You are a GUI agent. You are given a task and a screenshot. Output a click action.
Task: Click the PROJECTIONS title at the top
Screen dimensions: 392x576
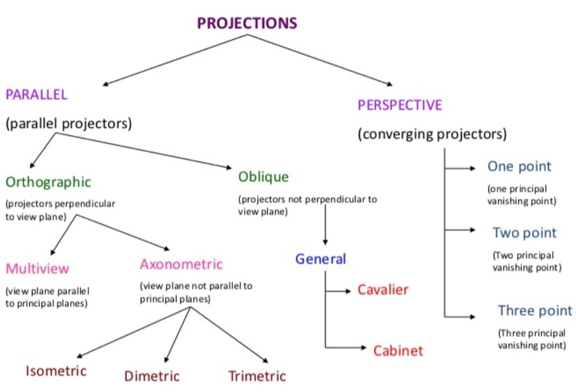tap(247, 23)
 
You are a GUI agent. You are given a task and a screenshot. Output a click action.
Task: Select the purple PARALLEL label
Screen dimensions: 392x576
tap(36, 95)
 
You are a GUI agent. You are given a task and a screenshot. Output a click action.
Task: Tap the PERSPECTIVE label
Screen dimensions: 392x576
tap(400, 105)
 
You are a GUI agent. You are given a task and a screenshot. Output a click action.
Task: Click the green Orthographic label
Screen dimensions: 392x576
tap(49, 182)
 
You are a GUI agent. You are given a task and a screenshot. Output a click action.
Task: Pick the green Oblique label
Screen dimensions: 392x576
tap(264, 177)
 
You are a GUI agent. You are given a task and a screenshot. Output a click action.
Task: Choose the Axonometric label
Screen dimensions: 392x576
tap(181, 264)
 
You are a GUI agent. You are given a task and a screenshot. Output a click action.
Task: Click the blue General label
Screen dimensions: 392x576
tap(321, 259)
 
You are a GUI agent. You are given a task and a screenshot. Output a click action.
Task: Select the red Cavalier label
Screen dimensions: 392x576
tap(383, 290)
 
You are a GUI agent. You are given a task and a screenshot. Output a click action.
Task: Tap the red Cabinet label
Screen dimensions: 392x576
tap(398, 350)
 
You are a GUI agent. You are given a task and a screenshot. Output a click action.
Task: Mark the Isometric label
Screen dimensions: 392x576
tap(56, 370)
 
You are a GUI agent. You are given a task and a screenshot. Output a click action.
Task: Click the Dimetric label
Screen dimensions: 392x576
tap(152, 376)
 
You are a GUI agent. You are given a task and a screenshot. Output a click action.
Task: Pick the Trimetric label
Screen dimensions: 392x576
tap(257, 376)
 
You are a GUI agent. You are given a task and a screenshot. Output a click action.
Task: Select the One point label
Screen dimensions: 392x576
tap(519, 166)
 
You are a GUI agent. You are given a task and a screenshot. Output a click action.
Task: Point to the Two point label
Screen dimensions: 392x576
tap(524, 233)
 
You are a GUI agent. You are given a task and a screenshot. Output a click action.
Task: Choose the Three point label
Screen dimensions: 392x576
tap(535, 310)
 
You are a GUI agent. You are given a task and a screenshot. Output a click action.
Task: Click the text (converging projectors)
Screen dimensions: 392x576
tap(432, 134)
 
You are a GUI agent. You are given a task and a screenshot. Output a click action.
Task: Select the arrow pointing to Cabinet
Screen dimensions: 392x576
tap(347, 348)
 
